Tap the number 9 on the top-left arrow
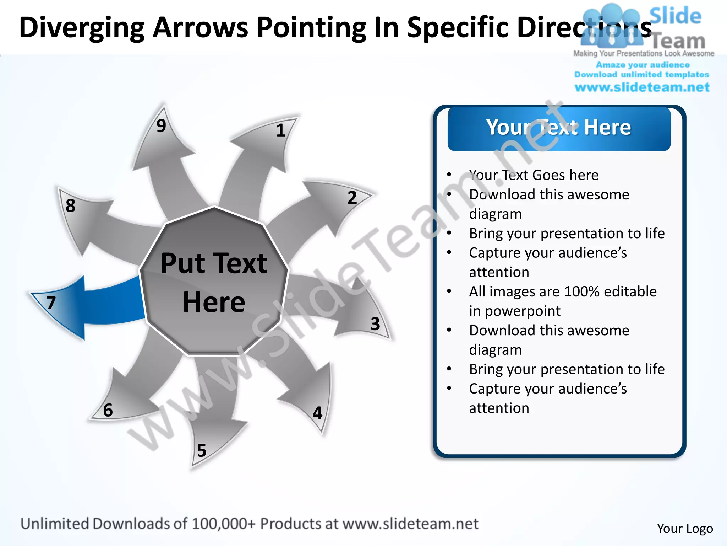(x=161, y=125)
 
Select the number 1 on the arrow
(x=280, y=130)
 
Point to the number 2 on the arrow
(x=352, y=198)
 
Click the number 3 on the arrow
(x=375, y=324)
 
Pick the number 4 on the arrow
(x=318, y=413)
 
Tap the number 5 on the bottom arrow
(x=202, y=450)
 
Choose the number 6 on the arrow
(x=108, y=410)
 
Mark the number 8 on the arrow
(x=70, y=205)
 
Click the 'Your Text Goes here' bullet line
(x=534, y=175)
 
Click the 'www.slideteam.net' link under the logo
(x=642, y=87)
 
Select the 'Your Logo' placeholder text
(x=685, y=529)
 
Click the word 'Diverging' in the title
(x=82, y=28)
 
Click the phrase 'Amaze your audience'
(x=643, y=65)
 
